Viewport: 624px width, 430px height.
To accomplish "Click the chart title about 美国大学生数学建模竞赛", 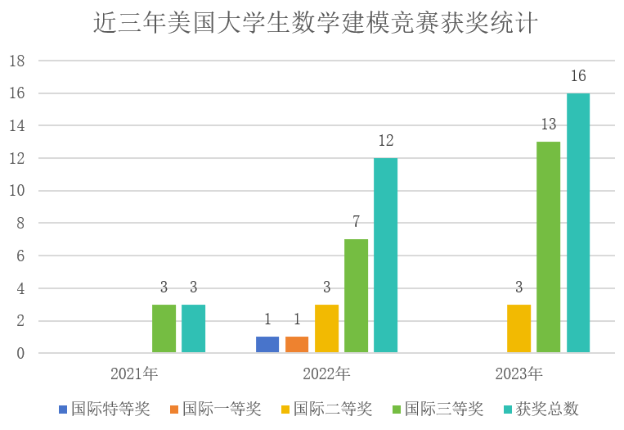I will click(315, 23).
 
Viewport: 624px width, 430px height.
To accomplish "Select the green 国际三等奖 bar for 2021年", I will click(164, 329).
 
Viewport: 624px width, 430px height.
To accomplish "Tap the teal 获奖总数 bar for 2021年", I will click(193, 329).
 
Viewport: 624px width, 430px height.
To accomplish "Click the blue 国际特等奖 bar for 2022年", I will click(267, 345).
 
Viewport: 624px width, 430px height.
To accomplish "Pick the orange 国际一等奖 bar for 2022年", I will click(297, 345).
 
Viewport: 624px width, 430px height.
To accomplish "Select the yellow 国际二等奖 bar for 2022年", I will click(326, 329).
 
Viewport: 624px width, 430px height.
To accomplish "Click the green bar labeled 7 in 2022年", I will click(356, 296).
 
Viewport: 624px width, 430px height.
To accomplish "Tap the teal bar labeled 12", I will click(385, 256).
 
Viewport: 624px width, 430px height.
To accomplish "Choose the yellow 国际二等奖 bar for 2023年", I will click(519, 329).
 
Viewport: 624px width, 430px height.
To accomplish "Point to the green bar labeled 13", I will click(548, 247).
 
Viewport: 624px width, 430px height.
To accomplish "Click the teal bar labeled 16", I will click(577, 223).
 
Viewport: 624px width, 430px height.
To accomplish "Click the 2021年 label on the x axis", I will click(134, 374).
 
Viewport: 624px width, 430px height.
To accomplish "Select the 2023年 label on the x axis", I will click(519, 374).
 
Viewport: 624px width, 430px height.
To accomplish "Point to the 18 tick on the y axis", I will click(17, 61).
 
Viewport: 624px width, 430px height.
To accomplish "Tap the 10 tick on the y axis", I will click(17, 191).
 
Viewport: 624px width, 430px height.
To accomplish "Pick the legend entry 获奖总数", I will click(547, 409).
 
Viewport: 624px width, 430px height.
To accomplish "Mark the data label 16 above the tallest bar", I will click(577, 76).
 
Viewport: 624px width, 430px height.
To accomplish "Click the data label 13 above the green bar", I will click(548, 124).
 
